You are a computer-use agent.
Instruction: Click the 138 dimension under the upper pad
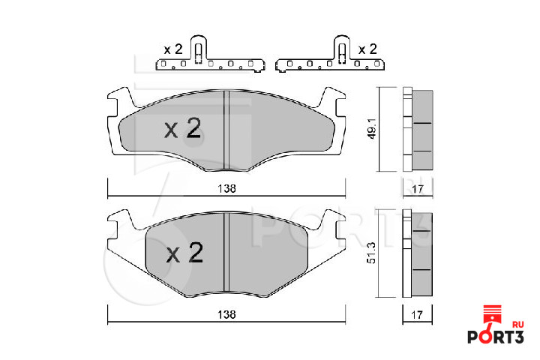(x=226, y=188)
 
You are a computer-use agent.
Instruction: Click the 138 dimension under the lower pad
(x=226, y=314)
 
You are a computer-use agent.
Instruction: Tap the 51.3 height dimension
(x=371, y=253)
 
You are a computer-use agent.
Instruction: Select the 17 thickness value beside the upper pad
(x=417, y=189)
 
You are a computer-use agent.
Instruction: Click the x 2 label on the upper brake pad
(x=183, y=128)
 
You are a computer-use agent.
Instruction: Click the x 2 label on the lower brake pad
(x=185, y=253)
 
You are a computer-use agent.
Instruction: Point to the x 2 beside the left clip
(x=173, y=49)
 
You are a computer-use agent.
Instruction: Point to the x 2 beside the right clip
(x=367, y=49)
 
